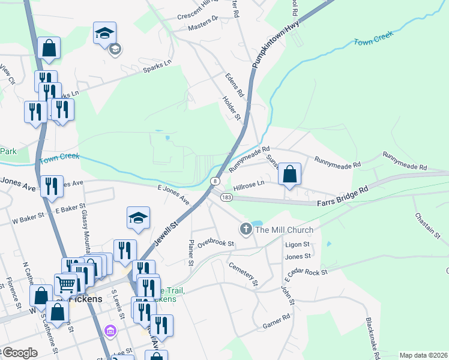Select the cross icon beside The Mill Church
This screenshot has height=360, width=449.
point(246,229)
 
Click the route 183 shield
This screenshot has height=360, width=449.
point(226,197)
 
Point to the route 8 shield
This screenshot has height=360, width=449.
point(214,180)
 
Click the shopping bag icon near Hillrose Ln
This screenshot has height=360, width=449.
point(289,174)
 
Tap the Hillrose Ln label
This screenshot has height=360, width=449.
point(249,187)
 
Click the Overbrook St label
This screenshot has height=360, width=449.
point(215,244)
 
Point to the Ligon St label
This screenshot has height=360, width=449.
point(297,244)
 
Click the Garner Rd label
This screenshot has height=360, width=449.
point(276,325)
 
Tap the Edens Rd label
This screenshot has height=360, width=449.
point(234,86)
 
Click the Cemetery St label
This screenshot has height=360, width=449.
point(243,273)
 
